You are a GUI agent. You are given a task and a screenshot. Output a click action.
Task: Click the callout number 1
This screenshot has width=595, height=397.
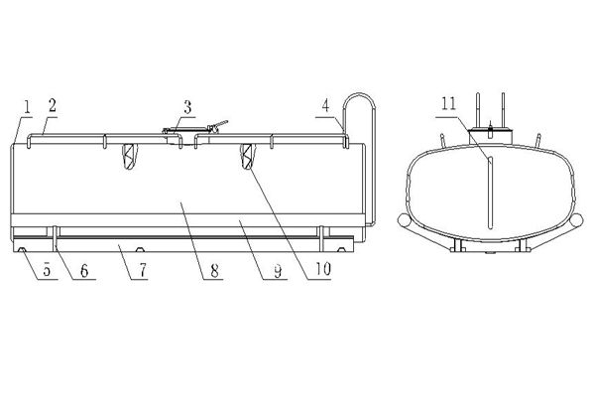[x=27, y=107]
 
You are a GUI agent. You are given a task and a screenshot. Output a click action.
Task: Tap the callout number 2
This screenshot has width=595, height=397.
[x=53, y=105]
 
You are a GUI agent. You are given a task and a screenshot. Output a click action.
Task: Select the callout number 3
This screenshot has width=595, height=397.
[x=187, y=107]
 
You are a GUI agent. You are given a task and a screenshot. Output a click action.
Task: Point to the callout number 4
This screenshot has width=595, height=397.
[x=326, y=106]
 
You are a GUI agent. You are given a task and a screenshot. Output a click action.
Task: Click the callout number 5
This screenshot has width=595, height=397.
[x=47, y=271]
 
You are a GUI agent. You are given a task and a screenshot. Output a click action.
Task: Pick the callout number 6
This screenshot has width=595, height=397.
[x=84, y=271]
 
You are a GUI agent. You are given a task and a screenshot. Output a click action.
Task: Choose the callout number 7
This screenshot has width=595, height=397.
[x=142, y=271]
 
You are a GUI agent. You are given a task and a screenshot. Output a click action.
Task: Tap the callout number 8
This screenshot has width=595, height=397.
[x=214, y=271]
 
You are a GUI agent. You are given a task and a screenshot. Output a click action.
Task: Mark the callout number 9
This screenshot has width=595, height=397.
[x=278, y=271]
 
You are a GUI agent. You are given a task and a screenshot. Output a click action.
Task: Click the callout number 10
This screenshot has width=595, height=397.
[x=322, y=269]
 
